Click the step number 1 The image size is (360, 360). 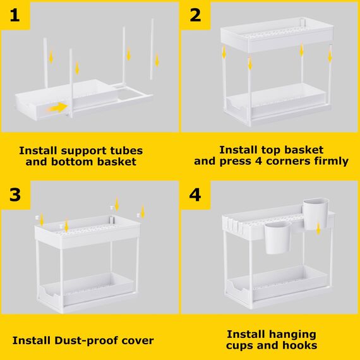point(15,15)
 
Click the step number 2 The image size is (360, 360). point(195,15)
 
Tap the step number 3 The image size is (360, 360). point(15,195)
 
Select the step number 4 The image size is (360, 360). point(195,195)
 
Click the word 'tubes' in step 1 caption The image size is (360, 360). point(124,150)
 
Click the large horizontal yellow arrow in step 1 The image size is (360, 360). point(58,108)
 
